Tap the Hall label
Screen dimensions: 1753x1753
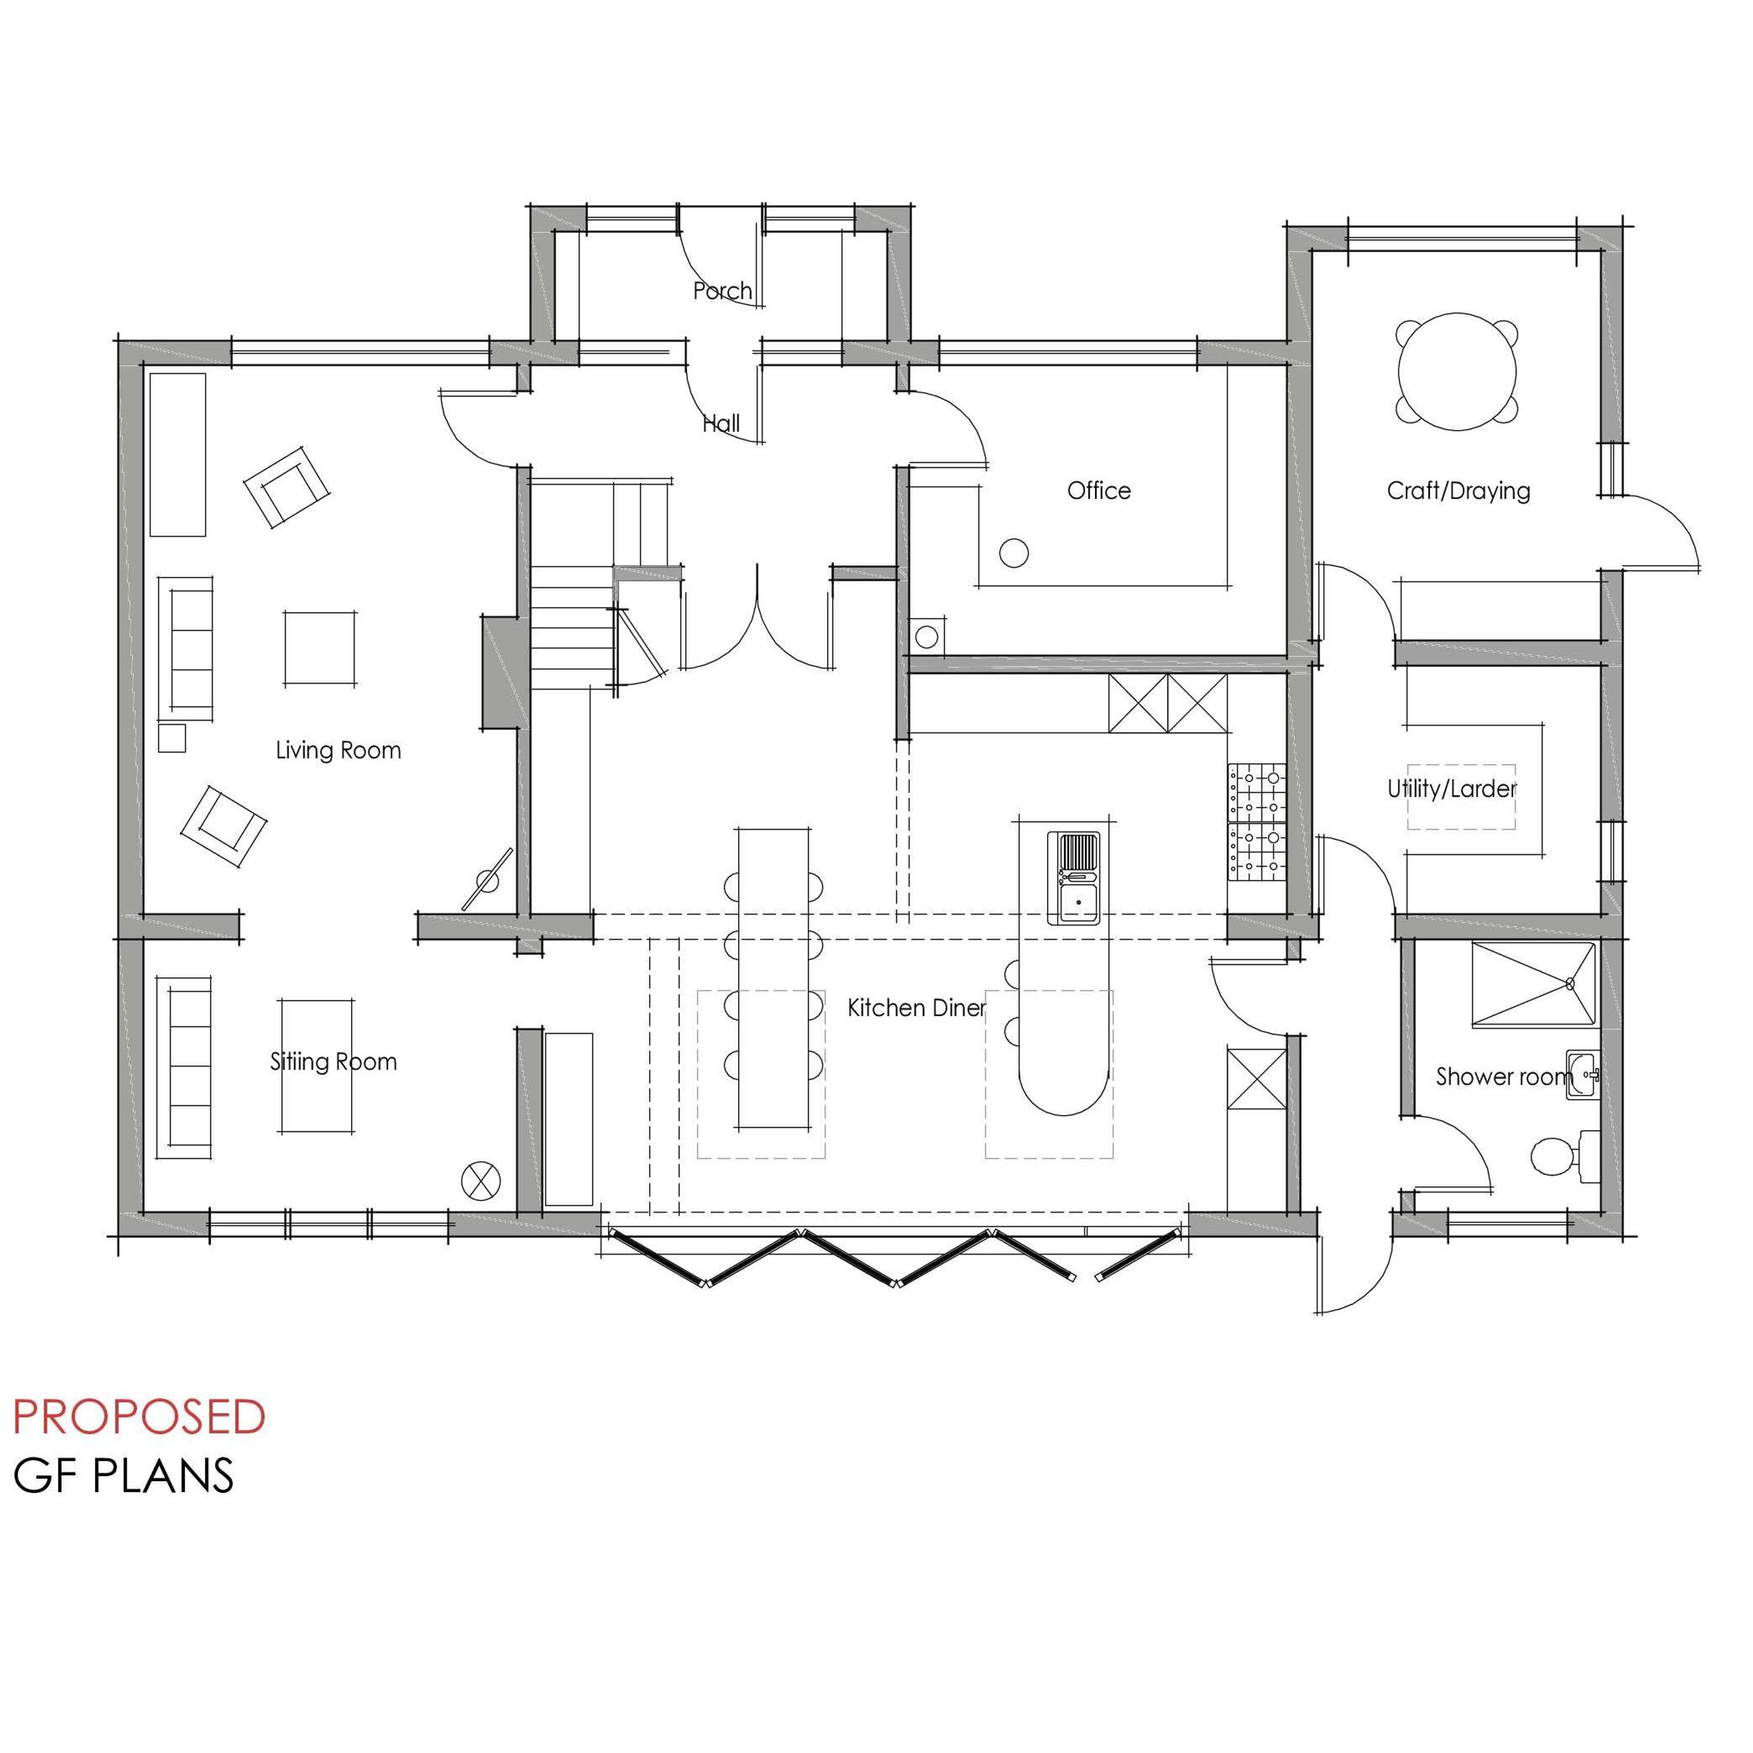[x=721, y=423]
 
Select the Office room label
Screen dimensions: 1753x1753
[x=1099, y=491]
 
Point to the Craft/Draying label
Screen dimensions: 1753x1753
[x=1458, y=491]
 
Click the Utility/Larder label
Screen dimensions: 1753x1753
[x=1452, y=788]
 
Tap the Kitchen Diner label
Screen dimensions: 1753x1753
[x=916, y=1008]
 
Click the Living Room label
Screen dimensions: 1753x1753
[x=338, y=751]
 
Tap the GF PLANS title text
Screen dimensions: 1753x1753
[x=123, y=1475]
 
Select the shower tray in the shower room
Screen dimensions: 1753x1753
[x=1533, y=986]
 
